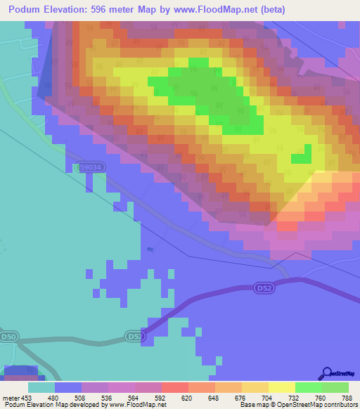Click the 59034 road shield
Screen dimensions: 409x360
click(89, 167)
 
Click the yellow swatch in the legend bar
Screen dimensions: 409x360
click(281, 387)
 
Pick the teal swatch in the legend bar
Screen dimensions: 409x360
click(41, 387)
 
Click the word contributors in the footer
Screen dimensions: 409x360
click(336, 405)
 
